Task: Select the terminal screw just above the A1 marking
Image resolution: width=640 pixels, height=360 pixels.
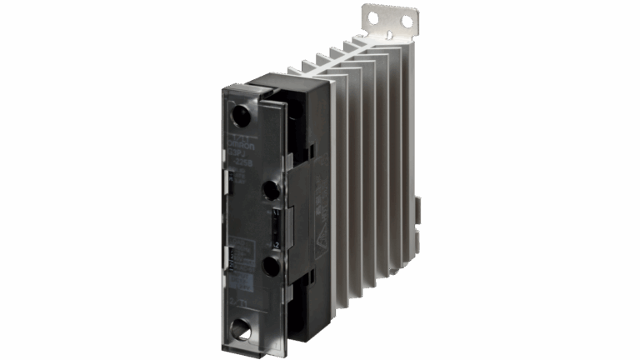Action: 269,191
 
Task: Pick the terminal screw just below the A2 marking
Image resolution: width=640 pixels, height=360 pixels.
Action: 269,266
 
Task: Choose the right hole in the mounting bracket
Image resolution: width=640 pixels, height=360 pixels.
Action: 407,20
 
